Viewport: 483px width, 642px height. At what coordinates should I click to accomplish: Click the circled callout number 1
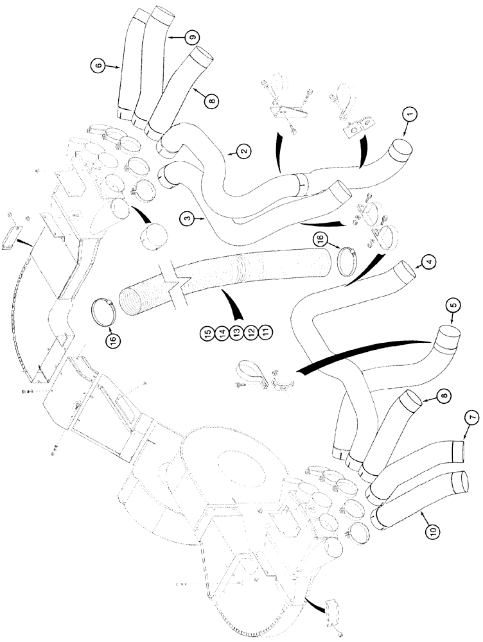[410, 116]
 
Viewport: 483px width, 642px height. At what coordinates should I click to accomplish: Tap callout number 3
[187, 220]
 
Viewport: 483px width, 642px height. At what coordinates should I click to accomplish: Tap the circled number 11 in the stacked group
[265, 333]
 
